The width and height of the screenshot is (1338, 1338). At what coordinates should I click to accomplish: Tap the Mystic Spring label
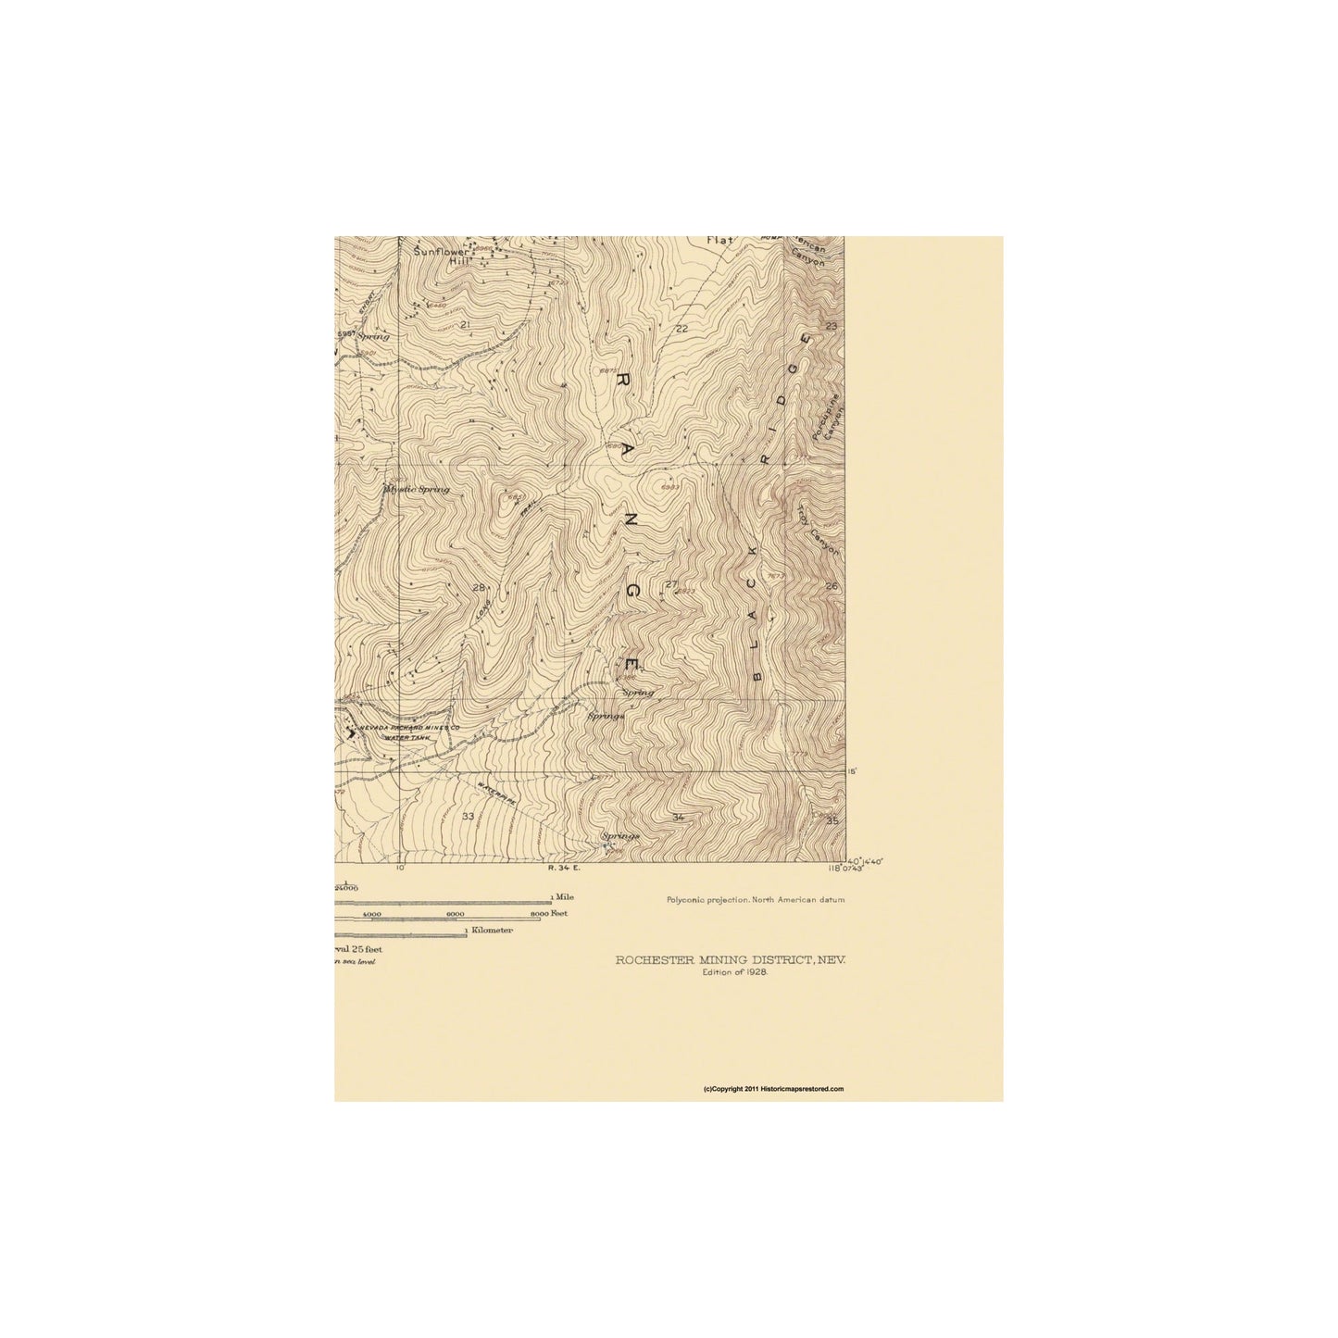[x=418, y=489]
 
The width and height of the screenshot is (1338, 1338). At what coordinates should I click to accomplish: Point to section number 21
[x=465, y=325]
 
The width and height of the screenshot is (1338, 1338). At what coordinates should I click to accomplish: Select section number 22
[x=682, y=329]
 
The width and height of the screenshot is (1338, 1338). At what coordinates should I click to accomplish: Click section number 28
[x=479, y=588]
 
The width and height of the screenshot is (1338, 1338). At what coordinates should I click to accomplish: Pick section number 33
[x=468, y=816]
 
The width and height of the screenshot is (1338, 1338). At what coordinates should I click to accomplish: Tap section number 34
[x=679, y=817]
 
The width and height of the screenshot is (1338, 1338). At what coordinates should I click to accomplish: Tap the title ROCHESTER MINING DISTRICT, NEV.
[x=731, y=960]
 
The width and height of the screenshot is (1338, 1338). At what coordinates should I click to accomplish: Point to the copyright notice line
[x=774, y=1089]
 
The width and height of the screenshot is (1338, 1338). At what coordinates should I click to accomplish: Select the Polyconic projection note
[x=755, y=899]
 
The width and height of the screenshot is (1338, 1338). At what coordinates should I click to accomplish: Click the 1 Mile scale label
[x=562, y=898]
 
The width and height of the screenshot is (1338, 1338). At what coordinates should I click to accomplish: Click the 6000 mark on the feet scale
[x=456, y=914]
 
